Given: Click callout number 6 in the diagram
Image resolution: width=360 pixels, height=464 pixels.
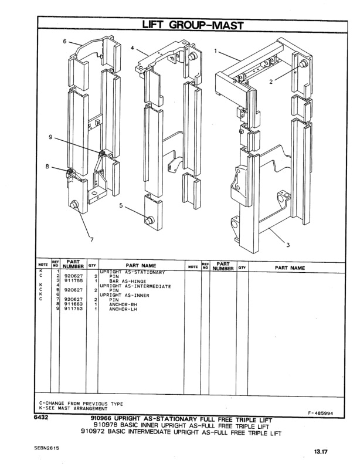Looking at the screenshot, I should click(65, 41).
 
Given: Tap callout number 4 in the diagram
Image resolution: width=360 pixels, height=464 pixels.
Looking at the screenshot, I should click(133, 48).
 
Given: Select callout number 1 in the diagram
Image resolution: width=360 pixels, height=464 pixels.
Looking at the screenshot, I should click(215, 50).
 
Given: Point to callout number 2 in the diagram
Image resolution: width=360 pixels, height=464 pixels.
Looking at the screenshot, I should click(270, 82).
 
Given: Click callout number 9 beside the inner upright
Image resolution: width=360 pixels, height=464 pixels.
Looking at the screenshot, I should click(52, 137).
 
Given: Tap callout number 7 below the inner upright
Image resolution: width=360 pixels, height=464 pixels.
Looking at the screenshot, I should click(91, 238).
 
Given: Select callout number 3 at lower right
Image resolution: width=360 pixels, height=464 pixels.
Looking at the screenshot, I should click(287, 245).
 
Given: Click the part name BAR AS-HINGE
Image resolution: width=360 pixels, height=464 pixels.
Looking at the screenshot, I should click(127, 281).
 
